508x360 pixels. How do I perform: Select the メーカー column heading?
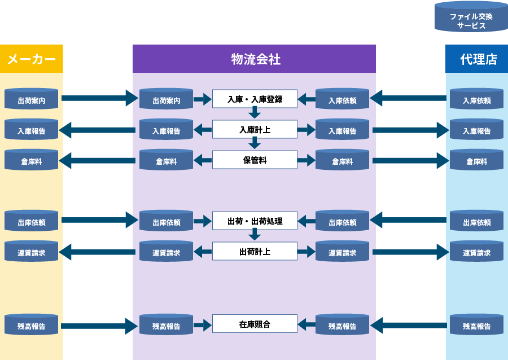click(32, 59)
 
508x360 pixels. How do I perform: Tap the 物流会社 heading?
click(255, 59)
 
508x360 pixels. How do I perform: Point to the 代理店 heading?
click(478, 59)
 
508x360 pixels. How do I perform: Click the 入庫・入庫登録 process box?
click(255, 99)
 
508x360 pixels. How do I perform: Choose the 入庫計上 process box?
click(255, 130)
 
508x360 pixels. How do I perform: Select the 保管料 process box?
click(255, 160)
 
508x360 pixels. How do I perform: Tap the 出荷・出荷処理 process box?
click(255, 221)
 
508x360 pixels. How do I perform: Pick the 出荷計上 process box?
click(255, 252)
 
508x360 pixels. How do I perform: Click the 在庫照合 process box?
click(255, 324)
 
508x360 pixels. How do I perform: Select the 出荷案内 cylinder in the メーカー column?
click(32, 99)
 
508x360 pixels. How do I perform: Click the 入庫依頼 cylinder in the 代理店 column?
click(476, 99)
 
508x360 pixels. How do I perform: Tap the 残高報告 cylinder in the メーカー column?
click(32, 325)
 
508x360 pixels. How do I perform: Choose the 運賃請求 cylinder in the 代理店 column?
click(476, 252)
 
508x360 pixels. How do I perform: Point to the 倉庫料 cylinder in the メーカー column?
click(32, 160)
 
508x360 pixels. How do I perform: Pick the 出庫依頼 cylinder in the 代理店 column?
click(476, 221)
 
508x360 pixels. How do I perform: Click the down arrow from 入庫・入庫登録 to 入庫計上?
click(255, 114)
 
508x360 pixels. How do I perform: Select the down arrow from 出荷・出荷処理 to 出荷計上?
click(255, 236)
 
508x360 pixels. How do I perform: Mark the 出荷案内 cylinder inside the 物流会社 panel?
click(167, 99)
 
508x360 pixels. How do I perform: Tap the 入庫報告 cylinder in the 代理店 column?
click(476, 130)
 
